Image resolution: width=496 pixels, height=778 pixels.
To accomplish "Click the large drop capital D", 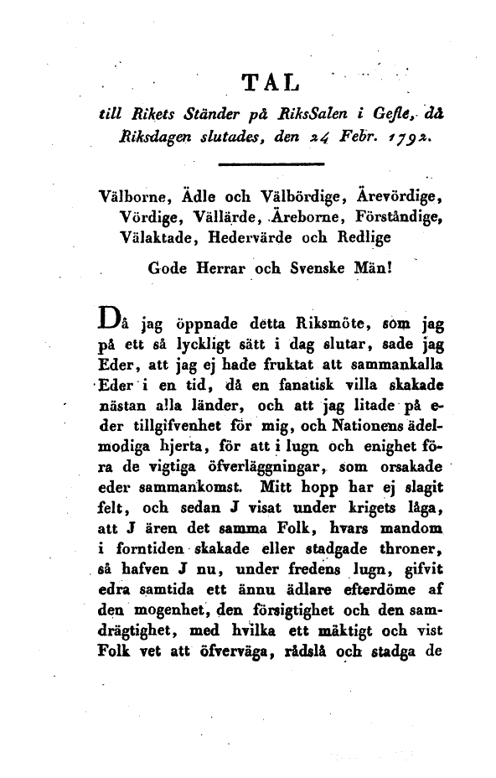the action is point(109,319).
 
